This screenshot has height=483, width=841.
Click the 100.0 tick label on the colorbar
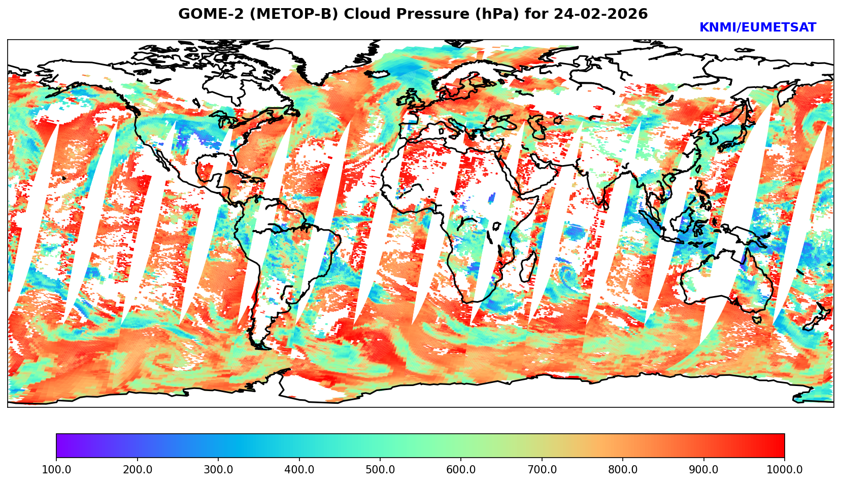[56, 469]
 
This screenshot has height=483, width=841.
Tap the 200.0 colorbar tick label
[137, 469]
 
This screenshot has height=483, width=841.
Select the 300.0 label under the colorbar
[218, 469]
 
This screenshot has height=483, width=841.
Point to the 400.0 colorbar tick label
[299, 469]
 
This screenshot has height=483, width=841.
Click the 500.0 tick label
[380, 469]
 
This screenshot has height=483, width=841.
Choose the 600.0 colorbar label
[461, 469]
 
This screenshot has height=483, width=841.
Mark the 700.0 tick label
[542, 469]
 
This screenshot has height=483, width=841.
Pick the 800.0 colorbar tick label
[623, 469]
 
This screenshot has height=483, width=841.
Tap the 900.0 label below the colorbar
[703, 469]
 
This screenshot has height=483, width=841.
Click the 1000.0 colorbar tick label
[784, 469]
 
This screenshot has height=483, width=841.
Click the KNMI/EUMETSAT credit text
[757, 28]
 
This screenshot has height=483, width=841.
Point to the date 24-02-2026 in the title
[601, 14]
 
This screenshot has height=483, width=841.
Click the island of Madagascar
[529, 267]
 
